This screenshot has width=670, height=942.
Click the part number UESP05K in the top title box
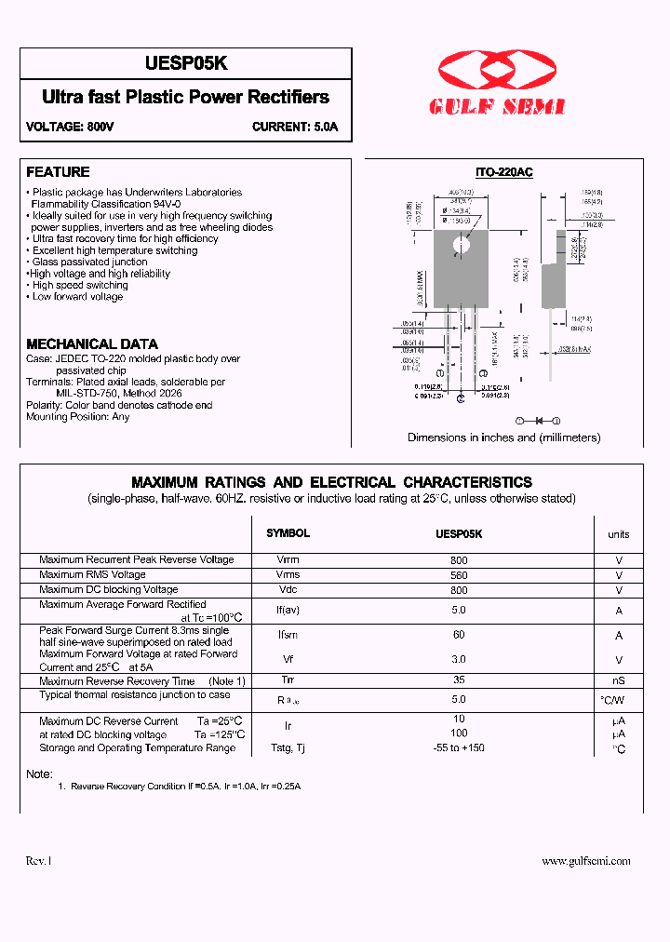(186, 63)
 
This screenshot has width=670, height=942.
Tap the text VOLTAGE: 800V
(70, 127)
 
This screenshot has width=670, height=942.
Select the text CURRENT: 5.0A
(295, 127)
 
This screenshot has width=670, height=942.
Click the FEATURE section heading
(58, 172)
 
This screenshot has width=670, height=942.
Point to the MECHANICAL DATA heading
(92, 343)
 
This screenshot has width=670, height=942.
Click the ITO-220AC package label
(503, 172)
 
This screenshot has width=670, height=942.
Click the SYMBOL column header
(288, 533)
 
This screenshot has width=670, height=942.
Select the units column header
(618, 534)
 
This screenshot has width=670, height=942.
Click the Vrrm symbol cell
(288, 560)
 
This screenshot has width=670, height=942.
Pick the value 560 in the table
(458, 575)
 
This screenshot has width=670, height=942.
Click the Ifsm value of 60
(458, 635)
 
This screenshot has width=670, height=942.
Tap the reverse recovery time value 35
(458, 680)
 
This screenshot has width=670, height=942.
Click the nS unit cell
(618, 681)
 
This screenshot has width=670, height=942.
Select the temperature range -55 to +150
(458, 747)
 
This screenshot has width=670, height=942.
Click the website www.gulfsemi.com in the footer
(586, 861)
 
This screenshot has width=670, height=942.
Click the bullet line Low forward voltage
(77, 297)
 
